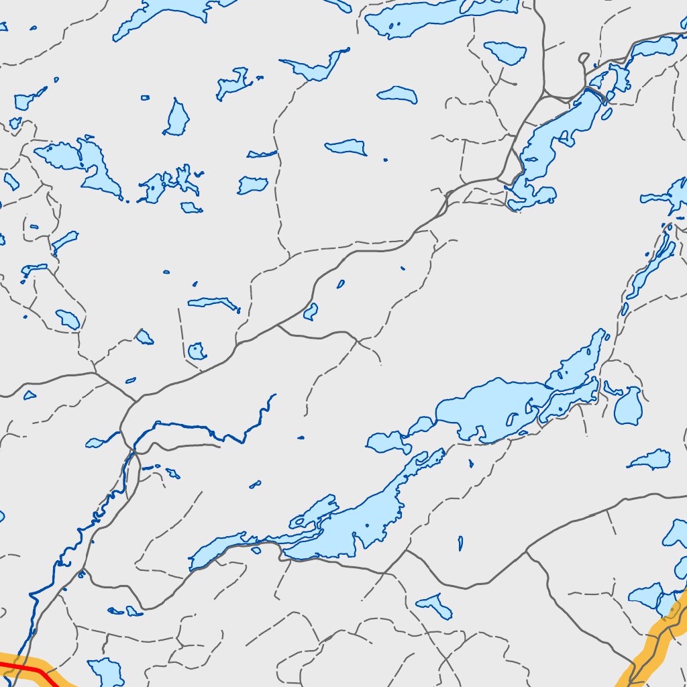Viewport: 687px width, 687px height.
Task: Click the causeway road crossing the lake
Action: click(x=596, y=95)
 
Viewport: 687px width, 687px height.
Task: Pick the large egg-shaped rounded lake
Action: click(x=629, y=406)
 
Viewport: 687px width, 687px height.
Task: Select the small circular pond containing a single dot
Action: click(x=196, y=350)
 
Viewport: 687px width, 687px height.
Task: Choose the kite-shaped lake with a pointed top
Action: click(x=176, y=119)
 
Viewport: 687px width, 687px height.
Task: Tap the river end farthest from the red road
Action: click(x=274, y=395)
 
